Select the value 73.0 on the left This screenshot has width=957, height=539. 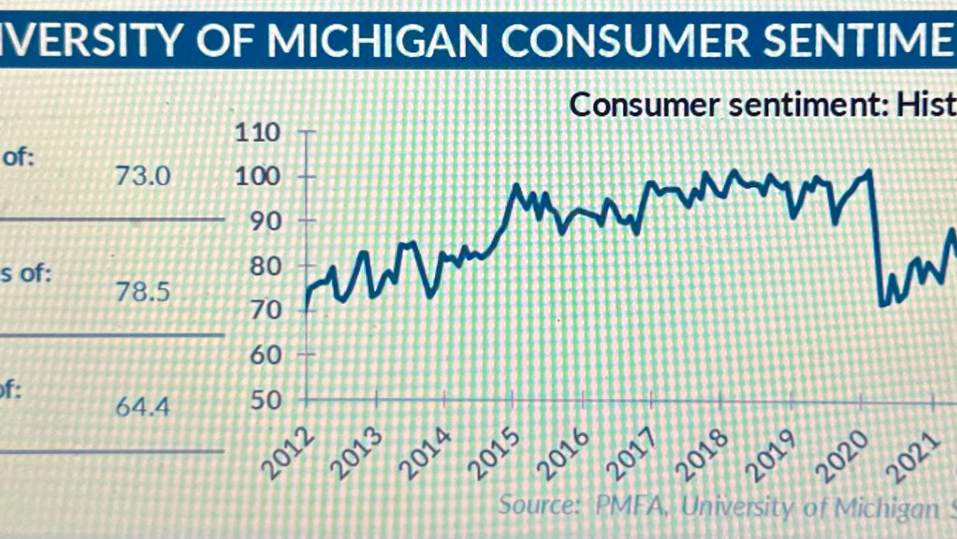click(x=142, y=176)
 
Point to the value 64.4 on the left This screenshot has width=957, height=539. click(x=143, y=407)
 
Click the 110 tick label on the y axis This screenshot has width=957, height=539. click(x=258, y=133)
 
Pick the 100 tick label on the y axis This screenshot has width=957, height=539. click(x=258, y=177)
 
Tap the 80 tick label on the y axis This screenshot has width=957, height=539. click(x=263, y=266)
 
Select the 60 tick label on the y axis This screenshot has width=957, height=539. click(x=263, y=355)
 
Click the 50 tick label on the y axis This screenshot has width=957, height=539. click(x=263, y=400)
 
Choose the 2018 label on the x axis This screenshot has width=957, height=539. click(x=709, y=454)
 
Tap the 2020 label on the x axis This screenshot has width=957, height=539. click(x=847, y=454)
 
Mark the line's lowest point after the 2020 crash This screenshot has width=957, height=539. click(x=881, y=305)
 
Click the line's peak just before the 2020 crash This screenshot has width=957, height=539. click(x=869, y=171)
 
